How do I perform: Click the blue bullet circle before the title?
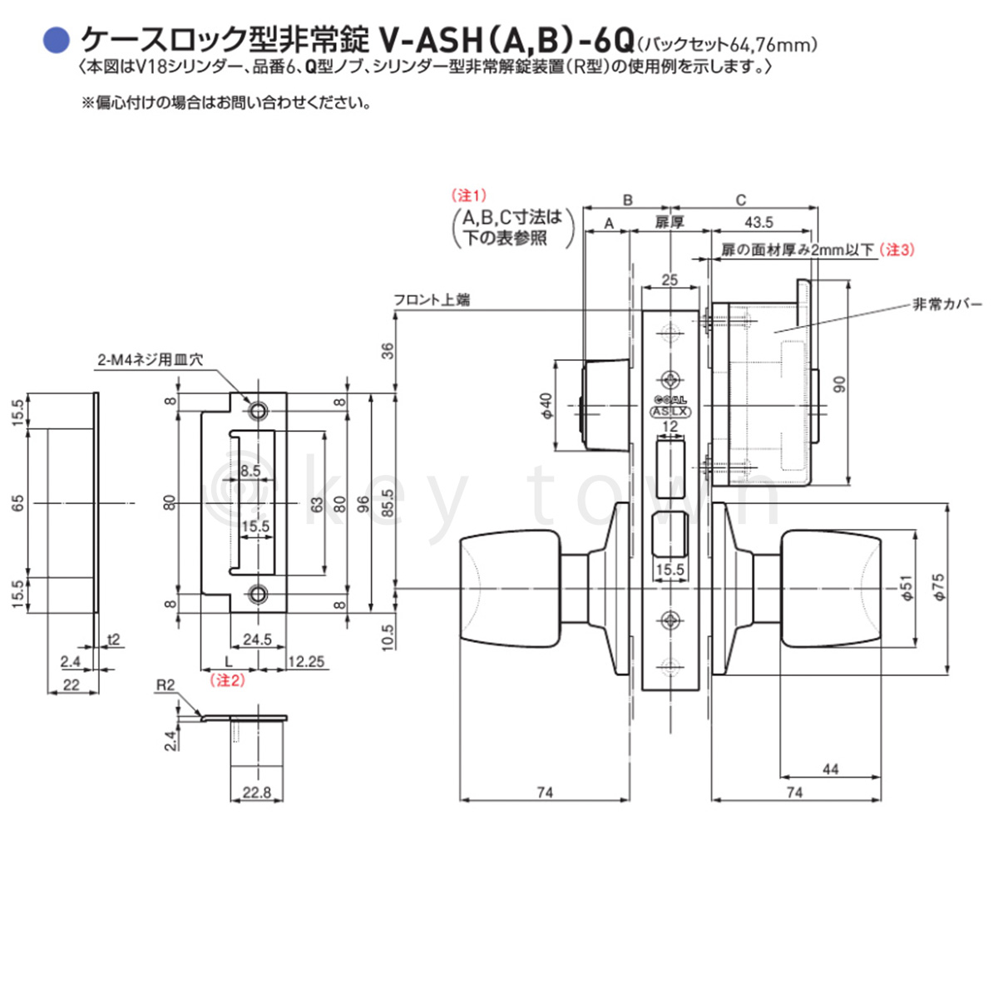pyautogui.click(x=56, y=38)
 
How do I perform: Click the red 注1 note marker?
pyautogui.click(x=468, y=195)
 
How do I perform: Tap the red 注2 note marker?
pyautogui.click(x=228, y=680)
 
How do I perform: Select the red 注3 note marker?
pyautogui.click(x=897, y=249)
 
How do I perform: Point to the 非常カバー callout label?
pyautogui.click(x=947, y=304)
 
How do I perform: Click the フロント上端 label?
pyautogui.click(x=432, y=299)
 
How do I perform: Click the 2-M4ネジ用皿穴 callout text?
pyautogui.click(x=151, y=360)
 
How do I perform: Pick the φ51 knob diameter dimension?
pyautogui.click(x=907, y=587)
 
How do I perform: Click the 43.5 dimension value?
pyautogui.click(x=758, y=222)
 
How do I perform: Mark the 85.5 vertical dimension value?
pyautogui.click(x=388, y=502)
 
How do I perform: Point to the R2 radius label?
pyautogui.click(x=166, y=685)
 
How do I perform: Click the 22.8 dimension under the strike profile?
pyautogui.click(x=256, y=793)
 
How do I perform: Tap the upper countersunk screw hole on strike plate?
pyautogui.click(x=258, y=411)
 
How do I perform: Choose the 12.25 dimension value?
pyautogui.click(x=305, y=662)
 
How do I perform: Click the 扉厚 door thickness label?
pyautogui.click(x=669, y=222)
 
